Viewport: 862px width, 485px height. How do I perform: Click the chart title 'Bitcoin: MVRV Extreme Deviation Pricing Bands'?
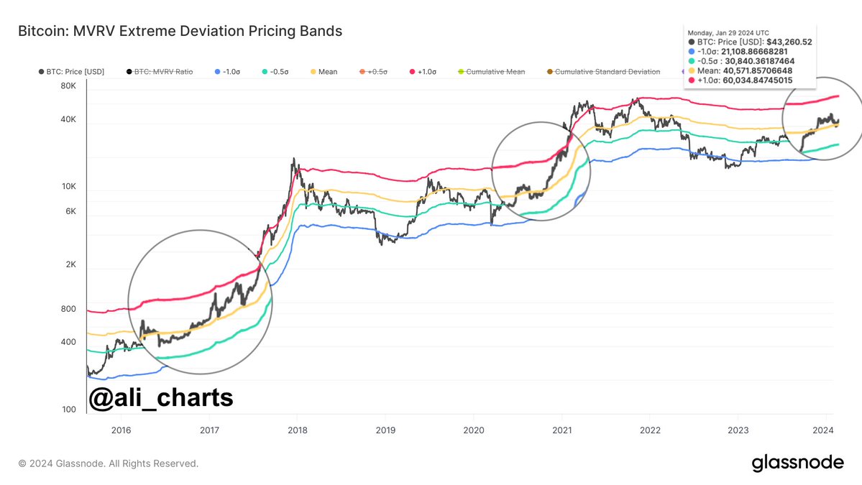(x=180, y=32)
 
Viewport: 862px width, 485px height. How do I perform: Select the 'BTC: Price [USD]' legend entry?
(x=71, y=72)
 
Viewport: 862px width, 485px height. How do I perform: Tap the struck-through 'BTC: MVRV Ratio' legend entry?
(x=160, y=72)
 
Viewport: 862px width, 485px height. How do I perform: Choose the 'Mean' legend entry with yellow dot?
(x=324, y=72)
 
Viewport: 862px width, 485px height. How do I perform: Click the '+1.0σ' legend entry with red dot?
(x=423, y=72)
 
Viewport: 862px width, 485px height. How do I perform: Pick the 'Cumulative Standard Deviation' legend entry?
(x=604, y=72)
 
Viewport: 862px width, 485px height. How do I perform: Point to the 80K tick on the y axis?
(x=68, y=86)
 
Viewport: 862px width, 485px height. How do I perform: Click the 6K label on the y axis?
(x=71, y=211)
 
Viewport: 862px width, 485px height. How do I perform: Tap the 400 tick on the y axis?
(x=69, y=342)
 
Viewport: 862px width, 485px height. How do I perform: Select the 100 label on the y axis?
(x=69, y=410)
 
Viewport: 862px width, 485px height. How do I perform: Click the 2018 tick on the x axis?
(x=298, y=430)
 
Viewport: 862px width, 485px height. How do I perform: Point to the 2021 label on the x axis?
(x=561, y=430)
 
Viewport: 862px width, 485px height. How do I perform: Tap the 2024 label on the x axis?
(x=823, y=430)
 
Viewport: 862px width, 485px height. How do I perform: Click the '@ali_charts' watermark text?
(x=161, y=397)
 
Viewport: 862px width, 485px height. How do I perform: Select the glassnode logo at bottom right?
(x=798, y=463)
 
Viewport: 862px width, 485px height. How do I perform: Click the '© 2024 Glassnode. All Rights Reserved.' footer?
(x=109, y=463)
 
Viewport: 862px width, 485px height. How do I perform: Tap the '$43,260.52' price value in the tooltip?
(x=789, y=42)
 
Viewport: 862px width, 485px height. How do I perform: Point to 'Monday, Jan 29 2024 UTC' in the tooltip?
(x=728, y=33)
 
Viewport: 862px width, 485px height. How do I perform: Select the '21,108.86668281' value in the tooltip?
(x=754, y=52)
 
